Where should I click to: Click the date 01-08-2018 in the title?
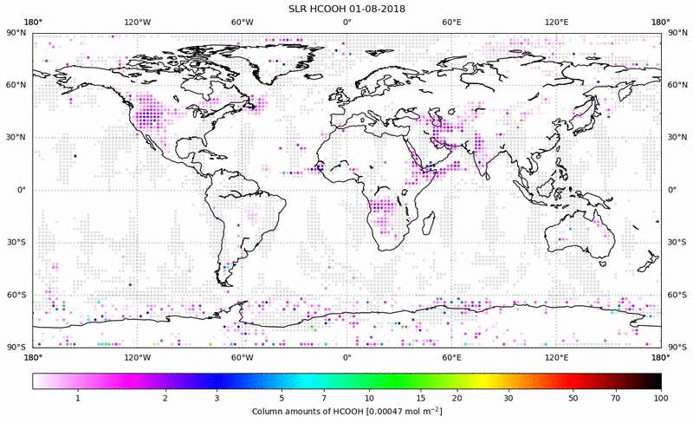374,8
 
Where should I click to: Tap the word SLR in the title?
299,8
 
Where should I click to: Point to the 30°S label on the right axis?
677,243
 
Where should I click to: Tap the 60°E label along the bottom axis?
451,356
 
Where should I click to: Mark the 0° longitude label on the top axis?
346,22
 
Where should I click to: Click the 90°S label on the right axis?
677,348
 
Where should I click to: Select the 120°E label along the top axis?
556,22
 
